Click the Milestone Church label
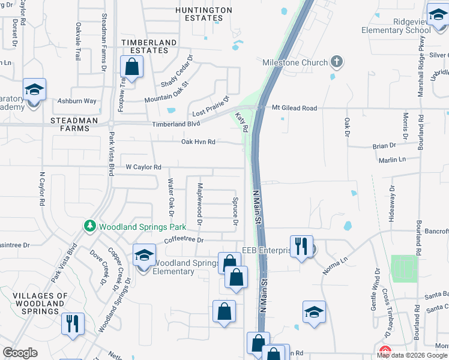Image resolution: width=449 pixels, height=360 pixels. (x=295, y=62)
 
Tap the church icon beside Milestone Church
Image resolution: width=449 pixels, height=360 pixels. (x=337, y=62)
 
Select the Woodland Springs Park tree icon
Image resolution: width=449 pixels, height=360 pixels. (x=90, y=226)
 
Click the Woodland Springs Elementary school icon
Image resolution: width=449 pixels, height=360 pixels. (x=144, y=257)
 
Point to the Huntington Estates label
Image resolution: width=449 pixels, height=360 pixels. (x=203, y=14)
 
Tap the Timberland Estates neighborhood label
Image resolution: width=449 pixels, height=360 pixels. (x=149, y=47)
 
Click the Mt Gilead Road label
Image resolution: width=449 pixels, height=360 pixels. (x=294, y=108)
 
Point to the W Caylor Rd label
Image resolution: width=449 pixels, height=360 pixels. (x=143, y=167)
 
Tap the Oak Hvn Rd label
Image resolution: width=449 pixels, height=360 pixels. (x=198, y=142)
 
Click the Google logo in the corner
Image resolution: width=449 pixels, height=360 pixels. (x=20, y=353)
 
